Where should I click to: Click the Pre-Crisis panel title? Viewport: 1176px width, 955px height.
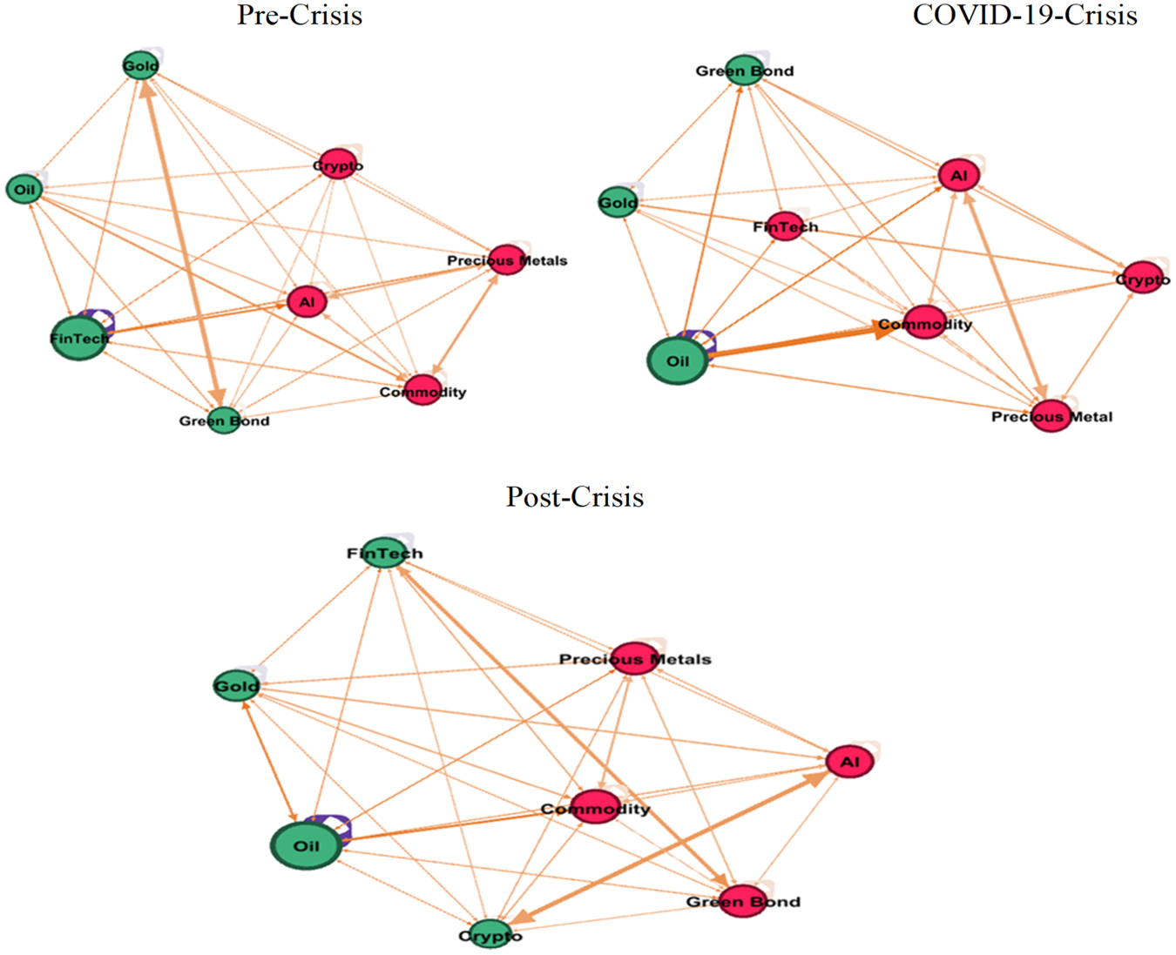click(300, 15)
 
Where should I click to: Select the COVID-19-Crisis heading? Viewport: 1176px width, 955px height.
click(1024, 15)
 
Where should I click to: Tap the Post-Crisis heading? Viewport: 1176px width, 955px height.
click(575, 496)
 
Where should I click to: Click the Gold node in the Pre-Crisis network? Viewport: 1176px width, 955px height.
click(141, 66)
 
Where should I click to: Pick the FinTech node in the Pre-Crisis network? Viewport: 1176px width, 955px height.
click(79, 338)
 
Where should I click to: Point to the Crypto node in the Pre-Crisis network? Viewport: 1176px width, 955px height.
click(338, 165)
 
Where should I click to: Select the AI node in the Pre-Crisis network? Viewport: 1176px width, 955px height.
click(307, 302)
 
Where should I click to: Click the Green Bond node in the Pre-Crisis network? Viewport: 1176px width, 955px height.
click(224, 420)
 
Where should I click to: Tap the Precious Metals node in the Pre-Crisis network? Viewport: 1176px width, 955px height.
click(507, 259)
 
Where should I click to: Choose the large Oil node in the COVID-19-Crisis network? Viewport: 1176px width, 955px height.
click(678, 360)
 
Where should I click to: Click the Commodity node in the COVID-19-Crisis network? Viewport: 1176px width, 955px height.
click(925, 322)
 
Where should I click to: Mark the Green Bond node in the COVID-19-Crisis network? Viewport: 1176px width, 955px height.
click(744, 71)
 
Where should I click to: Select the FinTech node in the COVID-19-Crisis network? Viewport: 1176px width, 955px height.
click(785, 226)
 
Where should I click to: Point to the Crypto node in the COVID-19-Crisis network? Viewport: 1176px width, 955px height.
click(1143, 278)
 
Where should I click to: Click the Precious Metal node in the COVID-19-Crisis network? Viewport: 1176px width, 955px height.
click(1051, 416)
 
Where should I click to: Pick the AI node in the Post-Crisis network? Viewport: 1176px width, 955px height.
click(849, 762)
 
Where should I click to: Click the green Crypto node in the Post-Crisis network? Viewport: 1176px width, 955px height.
click(490, 935)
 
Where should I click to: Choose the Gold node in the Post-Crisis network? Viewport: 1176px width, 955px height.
click(237, 686)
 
